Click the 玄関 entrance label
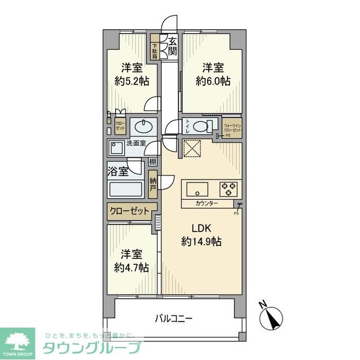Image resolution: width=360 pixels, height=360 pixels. (x=172, y=46)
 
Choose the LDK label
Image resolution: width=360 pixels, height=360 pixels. (x=202, y=229)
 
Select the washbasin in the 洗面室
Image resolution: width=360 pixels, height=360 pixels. (x=142, y=127)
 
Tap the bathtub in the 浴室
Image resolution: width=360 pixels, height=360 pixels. (x=125, y=190)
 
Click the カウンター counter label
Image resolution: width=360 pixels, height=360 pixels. (x=207, y=204)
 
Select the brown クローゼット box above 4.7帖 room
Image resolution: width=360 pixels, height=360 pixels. (x=129, y=212)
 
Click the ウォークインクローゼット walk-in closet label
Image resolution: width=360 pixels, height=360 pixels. (x=231, y=127)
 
